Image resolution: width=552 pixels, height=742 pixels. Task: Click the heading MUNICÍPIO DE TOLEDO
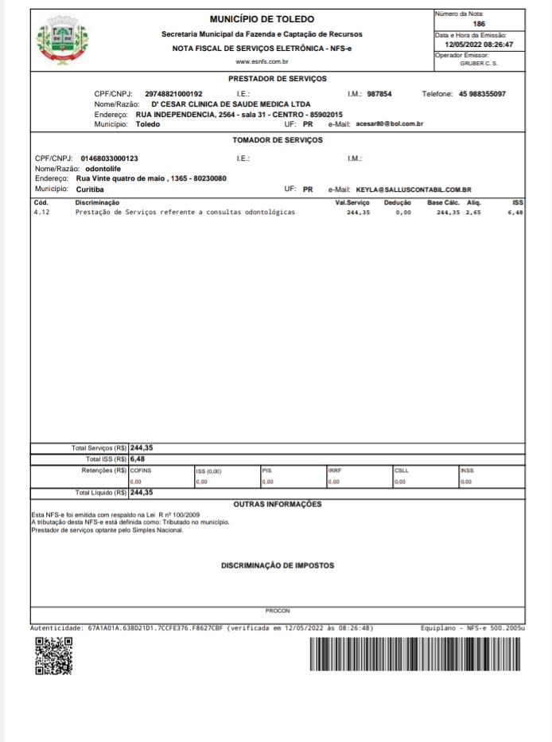pos(262,19)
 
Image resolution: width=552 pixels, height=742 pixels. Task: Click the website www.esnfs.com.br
pos(262,61)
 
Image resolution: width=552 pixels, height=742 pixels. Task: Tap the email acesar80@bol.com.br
pos(389,124)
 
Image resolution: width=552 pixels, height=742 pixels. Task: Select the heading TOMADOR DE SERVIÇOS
pos(277,139)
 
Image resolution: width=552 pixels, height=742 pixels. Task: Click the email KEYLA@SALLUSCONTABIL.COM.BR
pos(414,189)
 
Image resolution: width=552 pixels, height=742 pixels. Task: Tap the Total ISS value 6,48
pos(138,459)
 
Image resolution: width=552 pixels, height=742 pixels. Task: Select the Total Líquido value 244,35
pos(142,492)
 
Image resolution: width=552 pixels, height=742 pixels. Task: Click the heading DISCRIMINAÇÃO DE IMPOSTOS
pos(277,566)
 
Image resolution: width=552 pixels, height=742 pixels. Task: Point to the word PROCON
pos(277,611)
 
